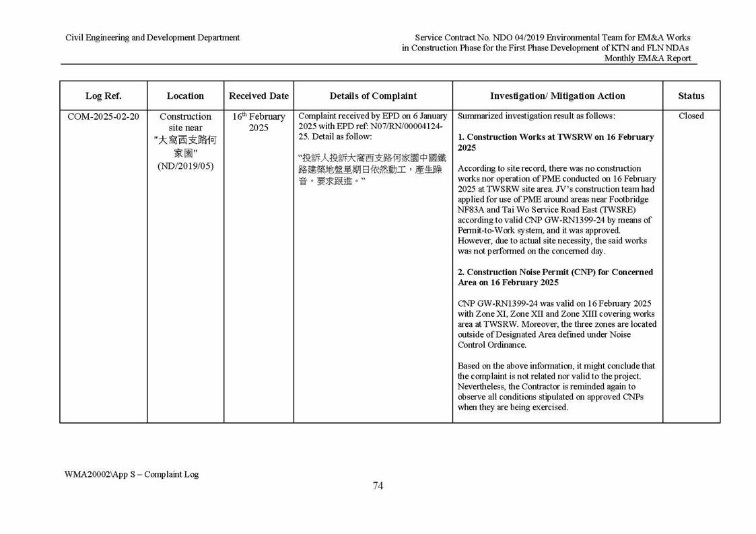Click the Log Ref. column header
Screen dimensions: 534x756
[103, 96]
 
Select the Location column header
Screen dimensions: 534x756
[185, 96]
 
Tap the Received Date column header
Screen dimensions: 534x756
[259, 96]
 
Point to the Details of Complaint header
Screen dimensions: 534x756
[373, 96]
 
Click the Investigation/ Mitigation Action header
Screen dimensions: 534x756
[557, 96]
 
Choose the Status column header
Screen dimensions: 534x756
[691, 96]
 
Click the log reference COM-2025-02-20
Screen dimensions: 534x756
[104, 116]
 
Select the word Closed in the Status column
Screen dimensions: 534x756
[691, 116]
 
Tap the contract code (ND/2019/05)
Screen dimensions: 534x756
[185, 165]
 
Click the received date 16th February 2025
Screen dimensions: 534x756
[259, 122]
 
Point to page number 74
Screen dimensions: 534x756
[378, 486]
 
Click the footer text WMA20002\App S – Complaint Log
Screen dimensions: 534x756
[132, 474]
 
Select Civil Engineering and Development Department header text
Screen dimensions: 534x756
[152, 38]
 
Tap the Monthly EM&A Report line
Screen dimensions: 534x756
[648, 59]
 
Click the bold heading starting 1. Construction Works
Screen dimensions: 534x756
[555, 142]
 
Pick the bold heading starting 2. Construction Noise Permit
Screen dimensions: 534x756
[555, 277]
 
